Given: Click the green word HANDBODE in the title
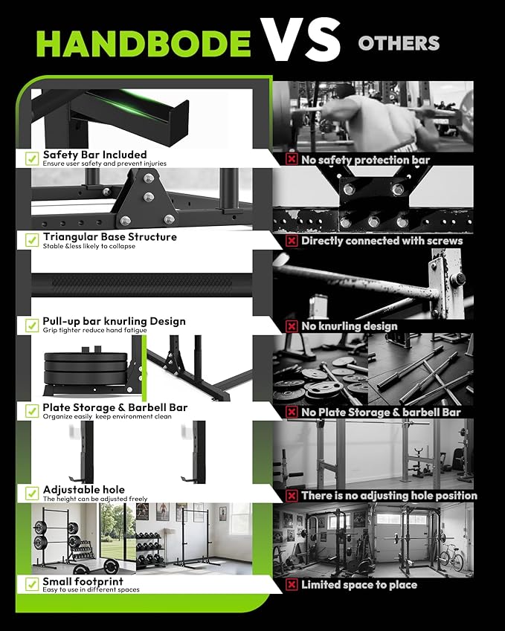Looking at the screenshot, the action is tap(144, 43).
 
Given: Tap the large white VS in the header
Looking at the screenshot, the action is tap(300, 39).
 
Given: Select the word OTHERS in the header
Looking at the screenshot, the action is tap(399, 43).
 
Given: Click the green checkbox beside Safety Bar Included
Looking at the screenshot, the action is tap(32, 158).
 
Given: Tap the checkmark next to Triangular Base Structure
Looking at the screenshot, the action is tap(32, 240).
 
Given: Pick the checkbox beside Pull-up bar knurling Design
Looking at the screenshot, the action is tap(32, 325).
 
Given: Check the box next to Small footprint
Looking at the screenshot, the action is tap(32, 584).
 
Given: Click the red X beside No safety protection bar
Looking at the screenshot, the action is tap(292, 159).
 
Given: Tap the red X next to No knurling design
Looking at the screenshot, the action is tap(292, 326).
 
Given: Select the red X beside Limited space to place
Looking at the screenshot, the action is tap(292, 584).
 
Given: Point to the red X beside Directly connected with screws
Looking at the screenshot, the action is tap(292, 241).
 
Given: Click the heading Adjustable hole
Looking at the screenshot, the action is tap(84, 490).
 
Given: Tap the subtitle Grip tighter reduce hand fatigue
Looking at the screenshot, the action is tap(94, 331).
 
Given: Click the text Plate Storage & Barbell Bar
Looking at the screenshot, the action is tap(115, 407).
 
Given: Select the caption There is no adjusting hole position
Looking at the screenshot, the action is tap(389, 496).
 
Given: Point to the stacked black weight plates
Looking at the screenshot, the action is tap(86, 367).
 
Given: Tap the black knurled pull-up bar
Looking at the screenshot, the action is tap(142, 285).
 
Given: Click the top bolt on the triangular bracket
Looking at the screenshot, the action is tap(149, 178).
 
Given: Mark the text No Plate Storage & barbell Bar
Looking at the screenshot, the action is tap(381, 412).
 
